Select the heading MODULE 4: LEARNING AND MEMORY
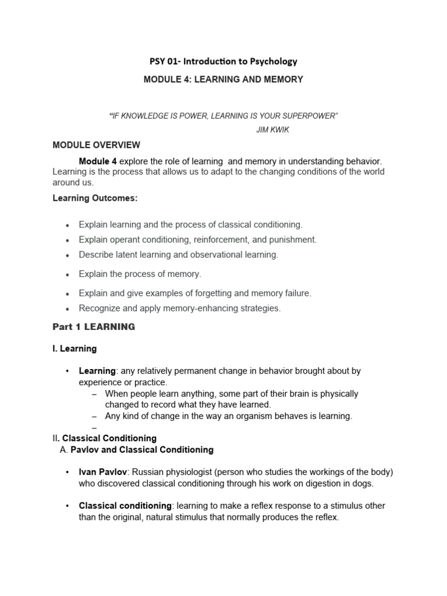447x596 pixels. pos(223,79)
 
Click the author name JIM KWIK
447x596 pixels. pos(272,130)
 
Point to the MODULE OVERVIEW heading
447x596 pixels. pos(96,145)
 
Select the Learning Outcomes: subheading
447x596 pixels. pos(95,198)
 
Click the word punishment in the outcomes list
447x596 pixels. pos(295,239)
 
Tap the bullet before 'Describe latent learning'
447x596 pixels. pos(68,256)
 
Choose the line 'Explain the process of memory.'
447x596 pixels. pos(140,274)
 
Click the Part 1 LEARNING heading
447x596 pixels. pos(94,327)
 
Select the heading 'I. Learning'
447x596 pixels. pos(74,349)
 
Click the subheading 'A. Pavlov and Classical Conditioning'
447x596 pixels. pos(137,450)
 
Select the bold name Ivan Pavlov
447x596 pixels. pos(104,472)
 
